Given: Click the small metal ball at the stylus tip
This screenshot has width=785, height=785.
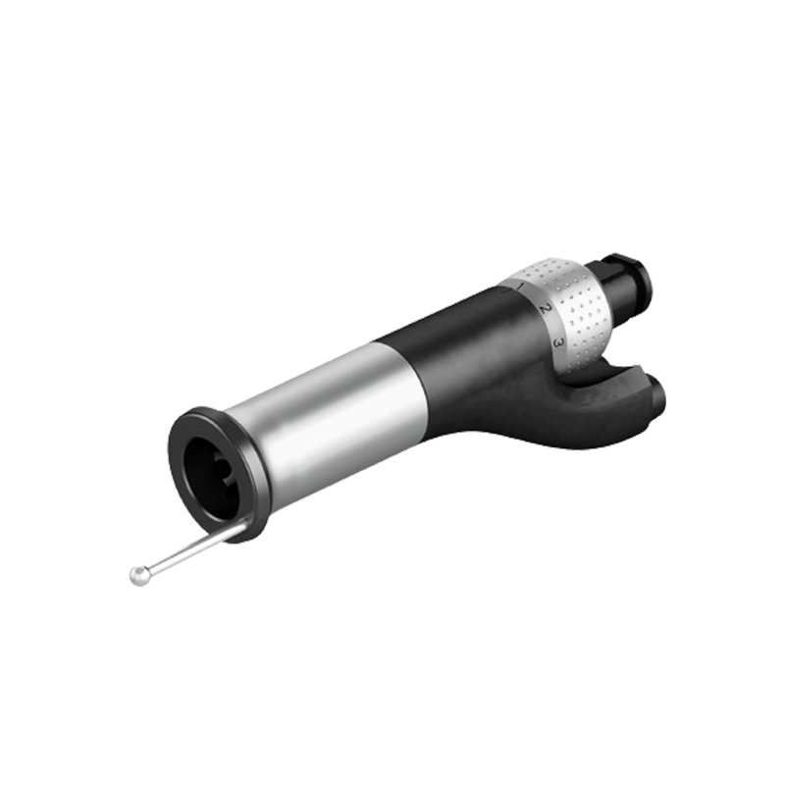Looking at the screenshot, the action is (x=140, y=575).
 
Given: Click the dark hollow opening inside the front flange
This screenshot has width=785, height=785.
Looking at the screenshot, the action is (x=210, y=475).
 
